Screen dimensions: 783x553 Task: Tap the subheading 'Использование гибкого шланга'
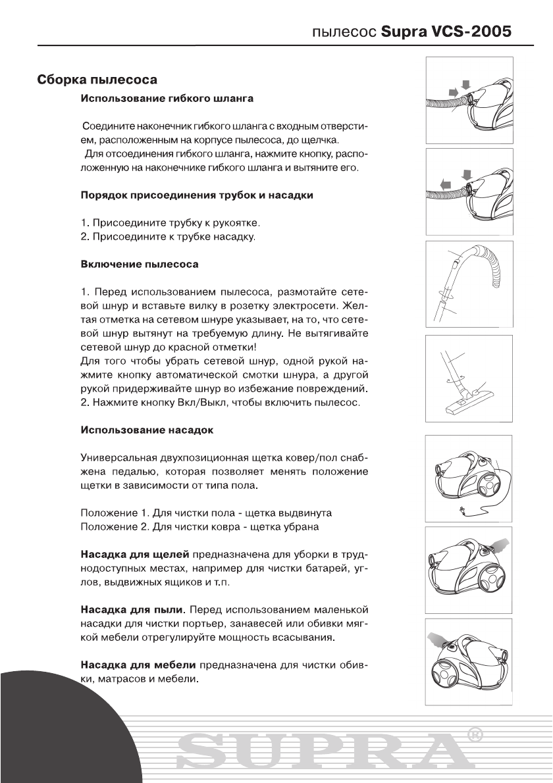pyautogui.click(x=167, y=99)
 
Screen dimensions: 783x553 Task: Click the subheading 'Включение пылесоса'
pyautogui.click(x=139, y=264)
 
